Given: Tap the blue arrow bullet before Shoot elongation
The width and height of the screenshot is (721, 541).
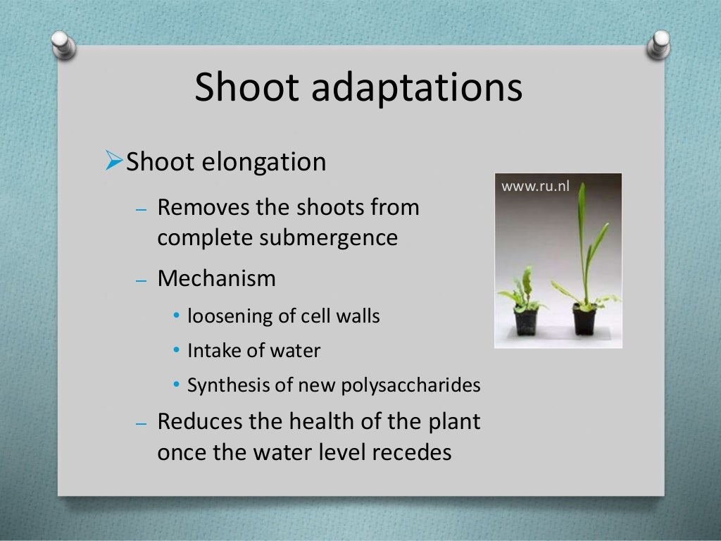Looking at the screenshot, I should [x=113, y=161].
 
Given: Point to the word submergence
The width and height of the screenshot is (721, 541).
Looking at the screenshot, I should [x=328, y=238].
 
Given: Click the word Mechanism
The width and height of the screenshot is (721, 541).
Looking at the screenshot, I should [x=216, y=278].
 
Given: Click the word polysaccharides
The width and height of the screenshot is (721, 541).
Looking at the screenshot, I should [x=410, y=386].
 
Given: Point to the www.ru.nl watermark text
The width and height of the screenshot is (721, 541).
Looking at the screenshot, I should [x=534, y=187].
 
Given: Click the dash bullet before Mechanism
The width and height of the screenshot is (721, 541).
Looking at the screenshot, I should [x=141, y=280].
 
